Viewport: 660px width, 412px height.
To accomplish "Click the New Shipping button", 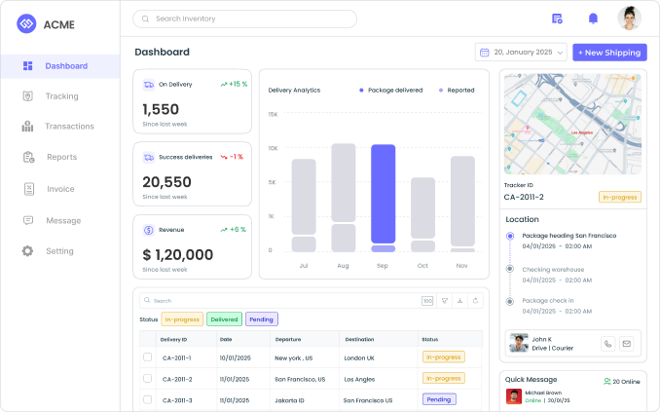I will tap(609, 52).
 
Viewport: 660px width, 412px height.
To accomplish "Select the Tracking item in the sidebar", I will tap(61, 96).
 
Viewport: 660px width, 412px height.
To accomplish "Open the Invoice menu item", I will tap(60, 189).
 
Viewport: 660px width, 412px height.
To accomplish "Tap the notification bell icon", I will tap(593, 19).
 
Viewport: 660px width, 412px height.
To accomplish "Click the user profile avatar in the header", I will tap(629, 19).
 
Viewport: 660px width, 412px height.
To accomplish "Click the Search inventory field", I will tap(244, 19).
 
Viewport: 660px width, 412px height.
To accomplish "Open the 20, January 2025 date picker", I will tap(520, 52).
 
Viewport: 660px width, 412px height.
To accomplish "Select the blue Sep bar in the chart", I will tap(383, 194).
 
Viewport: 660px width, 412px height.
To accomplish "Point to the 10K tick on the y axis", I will tap(273, 148).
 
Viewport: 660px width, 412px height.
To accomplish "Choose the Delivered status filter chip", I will tap(224, 318).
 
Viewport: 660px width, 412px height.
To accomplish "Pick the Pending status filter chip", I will tap(261, 318).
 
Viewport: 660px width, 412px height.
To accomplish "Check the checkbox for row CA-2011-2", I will tap(147, 378).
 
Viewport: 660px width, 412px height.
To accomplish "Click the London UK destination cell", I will tap(359, 357).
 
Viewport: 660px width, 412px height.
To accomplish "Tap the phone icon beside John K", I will tap(607, 343).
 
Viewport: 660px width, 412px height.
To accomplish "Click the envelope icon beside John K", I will tap(626, 343).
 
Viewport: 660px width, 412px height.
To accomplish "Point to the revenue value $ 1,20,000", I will tap(177, 255).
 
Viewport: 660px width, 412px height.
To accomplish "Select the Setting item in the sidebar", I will tap(59, 251).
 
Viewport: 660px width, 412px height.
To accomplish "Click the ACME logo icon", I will tap(26, 23).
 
